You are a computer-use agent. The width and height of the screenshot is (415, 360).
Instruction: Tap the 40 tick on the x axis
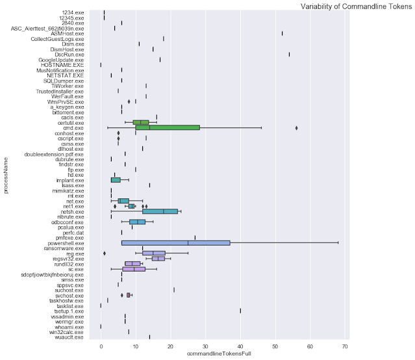pos(240,344)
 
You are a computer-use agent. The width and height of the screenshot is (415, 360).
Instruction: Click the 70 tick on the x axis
pos(345,344)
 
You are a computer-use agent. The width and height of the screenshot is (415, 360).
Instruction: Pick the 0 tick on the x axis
pos(101,344)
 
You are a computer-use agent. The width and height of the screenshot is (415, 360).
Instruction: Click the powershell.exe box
pos(175,242)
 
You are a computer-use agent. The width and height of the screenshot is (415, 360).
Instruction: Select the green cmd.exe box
pos(168,127)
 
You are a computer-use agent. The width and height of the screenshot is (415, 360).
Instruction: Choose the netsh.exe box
pos(160,211)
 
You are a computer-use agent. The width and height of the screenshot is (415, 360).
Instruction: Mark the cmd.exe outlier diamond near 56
pos(296,128)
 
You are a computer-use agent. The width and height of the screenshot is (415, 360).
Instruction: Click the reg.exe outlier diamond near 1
pos(104,253)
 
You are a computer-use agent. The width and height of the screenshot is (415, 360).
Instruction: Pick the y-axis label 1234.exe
pos(71,12)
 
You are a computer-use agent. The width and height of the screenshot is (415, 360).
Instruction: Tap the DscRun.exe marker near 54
pos(289,54)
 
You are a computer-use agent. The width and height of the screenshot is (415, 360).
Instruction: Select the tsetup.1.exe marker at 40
pos(240,311)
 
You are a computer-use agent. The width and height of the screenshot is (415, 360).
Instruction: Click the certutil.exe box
pos(141,122)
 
